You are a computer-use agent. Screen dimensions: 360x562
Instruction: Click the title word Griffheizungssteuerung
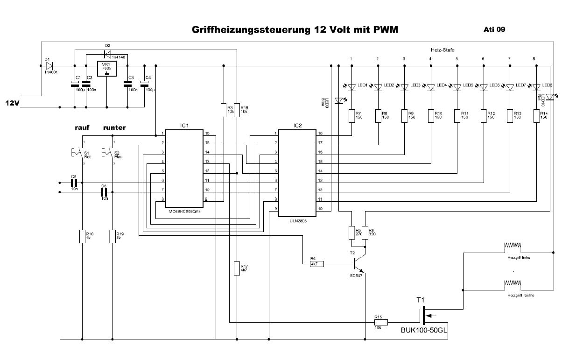(x=250, y=30)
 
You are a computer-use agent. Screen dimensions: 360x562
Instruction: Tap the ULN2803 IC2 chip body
(x=297, y=173)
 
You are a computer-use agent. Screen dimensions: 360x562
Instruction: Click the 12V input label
(x=12, y=103)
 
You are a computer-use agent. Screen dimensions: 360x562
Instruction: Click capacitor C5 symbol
(x=73, y=183)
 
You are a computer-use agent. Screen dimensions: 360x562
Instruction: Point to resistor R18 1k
(x=82, y=236)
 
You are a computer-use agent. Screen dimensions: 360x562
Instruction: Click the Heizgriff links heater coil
(x=513, y=246)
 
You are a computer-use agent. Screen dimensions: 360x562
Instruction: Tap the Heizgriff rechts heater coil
(x=513, y=283)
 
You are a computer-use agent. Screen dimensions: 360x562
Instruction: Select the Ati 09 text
(x=494, y=29)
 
